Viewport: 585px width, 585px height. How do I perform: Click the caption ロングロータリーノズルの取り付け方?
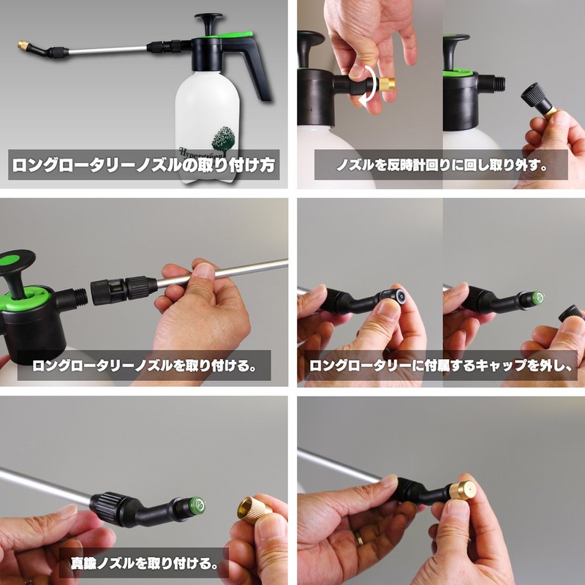[x=143, y=165]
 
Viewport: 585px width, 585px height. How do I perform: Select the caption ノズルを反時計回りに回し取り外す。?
[x=442, y=165]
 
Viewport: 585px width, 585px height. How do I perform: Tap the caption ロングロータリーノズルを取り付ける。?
[x=143, y=365]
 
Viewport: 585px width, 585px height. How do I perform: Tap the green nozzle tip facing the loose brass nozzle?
[x=197, y=505]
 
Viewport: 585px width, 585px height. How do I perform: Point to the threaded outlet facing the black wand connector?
[x=78, y=296]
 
